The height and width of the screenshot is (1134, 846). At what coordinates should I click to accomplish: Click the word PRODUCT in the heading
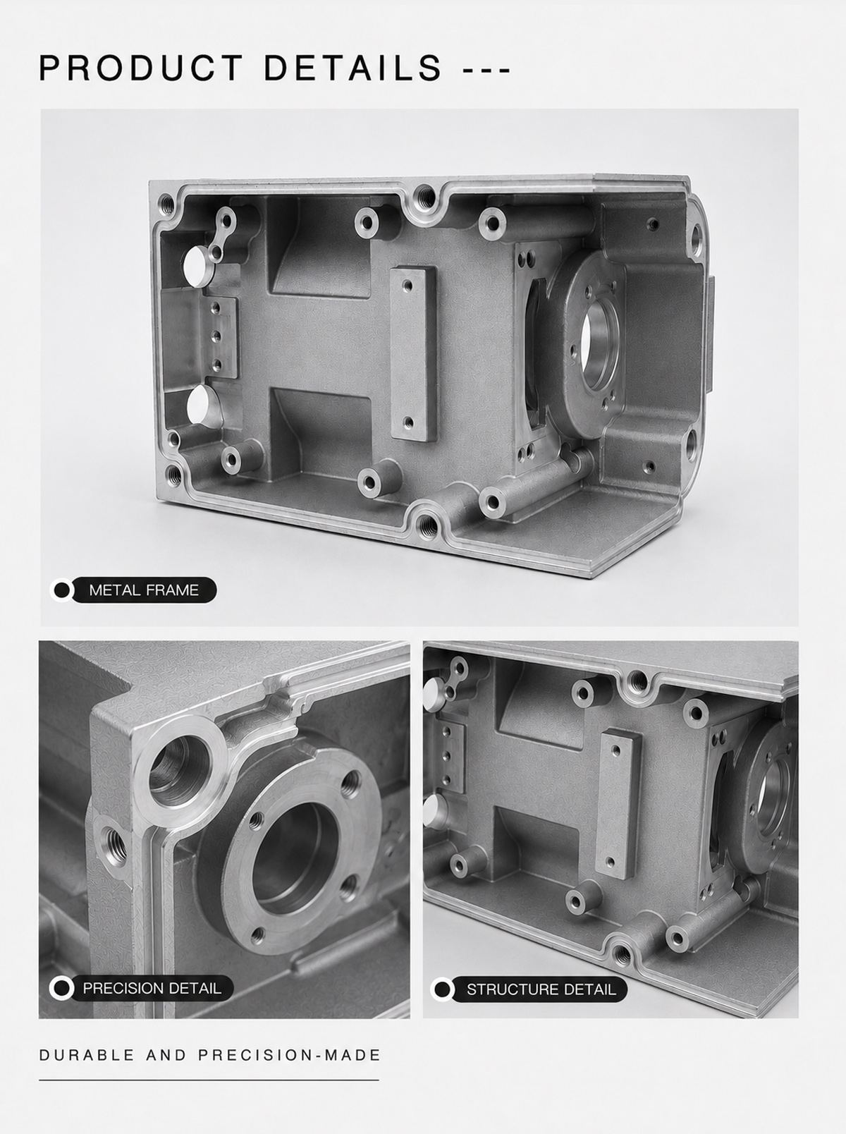coord(140,68)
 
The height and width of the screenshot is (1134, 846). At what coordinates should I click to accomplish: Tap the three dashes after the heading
coord(486,68)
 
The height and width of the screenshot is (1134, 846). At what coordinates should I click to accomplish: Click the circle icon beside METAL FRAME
coord(61,590)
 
